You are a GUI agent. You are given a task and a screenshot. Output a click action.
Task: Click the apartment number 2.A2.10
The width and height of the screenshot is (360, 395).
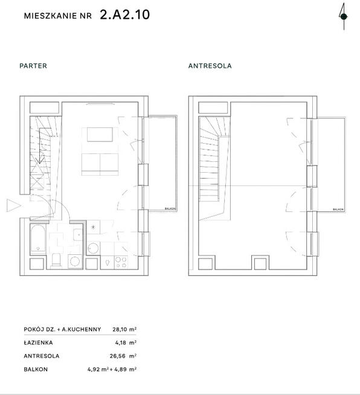[x=124, y=15]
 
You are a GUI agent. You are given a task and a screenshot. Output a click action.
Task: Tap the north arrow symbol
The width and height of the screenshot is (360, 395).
[x=344, y=16]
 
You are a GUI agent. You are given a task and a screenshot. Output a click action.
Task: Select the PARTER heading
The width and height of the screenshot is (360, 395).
[x=33, y=66]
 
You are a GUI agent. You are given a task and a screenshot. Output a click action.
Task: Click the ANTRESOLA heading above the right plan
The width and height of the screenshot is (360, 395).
[x=210, y=66]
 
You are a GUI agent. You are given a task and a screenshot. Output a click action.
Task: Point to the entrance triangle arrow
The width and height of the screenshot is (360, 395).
[x=14, y=205]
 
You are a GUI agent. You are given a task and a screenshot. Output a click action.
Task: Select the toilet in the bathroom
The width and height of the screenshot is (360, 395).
[x=56, y=260]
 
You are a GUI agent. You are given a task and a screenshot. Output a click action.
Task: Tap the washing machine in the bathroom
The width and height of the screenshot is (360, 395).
[x=75, y=262]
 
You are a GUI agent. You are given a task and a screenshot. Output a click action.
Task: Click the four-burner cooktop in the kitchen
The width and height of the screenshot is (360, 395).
[x=121, y=262]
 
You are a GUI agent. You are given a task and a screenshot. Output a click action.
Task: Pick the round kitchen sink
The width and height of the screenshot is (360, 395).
[x=93, y=248]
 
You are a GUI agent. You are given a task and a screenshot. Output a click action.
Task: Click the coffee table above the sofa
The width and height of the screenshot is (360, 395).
[x=100, y=135]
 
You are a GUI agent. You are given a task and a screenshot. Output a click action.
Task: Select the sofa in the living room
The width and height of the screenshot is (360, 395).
[x=100, y=164]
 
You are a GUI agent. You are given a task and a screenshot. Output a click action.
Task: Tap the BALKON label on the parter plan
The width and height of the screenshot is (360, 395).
[x=170, y=208]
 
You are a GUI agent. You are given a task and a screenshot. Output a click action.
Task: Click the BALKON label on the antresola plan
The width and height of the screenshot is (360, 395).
[x=338, y=210]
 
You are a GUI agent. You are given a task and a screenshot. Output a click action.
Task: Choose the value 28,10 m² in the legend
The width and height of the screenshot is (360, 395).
[x=124, y=329]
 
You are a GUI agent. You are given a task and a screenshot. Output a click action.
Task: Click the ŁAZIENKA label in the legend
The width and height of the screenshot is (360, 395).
[x=38, y=342]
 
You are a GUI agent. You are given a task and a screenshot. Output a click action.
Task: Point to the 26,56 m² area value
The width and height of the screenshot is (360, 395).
[x=123, y=356]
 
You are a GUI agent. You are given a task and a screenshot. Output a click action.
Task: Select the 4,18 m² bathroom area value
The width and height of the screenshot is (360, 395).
[x=126, y=342]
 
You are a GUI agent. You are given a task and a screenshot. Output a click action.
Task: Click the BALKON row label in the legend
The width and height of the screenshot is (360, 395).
[x=36, y=369]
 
